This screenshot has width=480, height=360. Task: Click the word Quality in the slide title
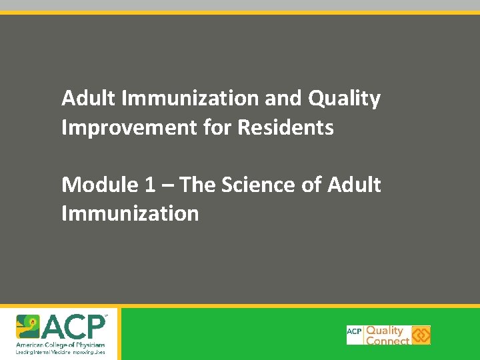pos(344,99)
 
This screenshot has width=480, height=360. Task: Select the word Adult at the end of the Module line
pos(354,185)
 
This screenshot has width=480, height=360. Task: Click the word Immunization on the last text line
pos(130,213)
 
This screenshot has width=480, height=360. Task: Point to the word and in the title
pos(283,99)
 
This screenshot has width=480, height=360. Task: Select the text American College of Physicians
pos(61,344)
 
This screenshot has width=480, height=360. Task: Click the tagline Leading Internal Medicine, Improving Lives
pos(61,351)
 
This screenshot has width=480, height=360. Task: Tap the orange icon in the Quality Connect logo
pos(421,335)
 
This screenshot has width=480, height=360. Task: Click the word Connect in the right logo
pos(388,341)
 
